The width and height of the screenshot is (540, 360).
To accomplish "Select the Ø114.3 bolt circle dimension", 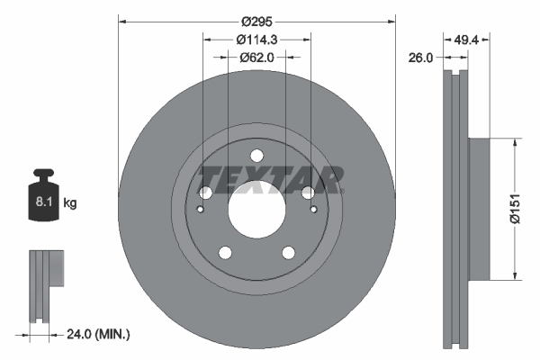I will [x=256, y=39].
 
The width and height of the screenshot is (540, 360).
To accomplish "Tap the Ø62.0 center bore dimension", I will [x=256, y=57].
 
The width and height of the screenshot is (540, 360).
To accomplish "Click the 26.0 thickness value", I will [x=421, y=57].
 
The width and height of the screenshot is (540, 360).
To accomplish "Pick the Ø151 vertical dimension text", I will [x=515, y=208].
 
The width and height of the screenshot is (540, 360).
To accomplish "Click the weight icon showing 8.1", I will [x=42, y=197].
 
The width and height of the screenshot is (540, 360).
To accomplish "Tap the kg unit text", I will [x=70, y=203].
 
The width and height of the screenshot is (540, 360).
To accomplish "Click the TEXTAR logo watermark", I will [x=270, y=179].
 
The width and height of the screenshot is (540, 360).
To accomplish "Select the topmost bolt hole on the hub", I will [x=256, y=154].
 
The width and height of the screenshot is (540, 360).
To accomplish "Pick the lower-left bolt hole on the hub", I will [x=224, y=253].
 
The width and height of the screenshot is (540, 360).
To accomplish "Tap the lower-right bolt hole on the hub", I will [x=289, y=253].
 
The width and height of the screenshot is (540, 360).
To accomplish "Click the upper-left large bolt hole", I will [x=205, y=193].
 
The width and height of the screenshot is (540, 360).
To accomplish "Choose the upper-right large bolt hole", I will [x=309, y=193].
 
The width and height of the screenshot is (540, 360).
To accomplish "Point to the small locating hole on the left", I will [x=201, y=210].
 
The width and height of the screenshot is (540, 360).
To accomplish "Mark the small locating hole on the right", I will [x=313, y=210].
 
